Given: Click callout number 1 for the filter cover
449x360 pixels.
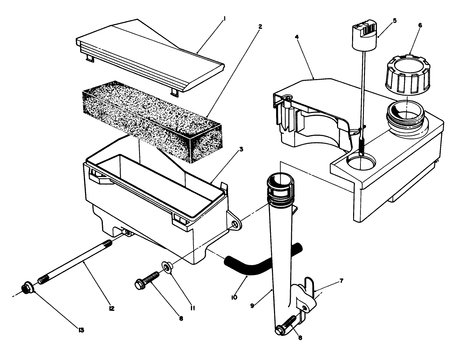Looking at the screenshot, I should click(x=224, y=20).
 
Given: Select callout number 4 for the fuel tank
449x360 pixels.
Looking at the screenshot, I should click(x=297, y=37).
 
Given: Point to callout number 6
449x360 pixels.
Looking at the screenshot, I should click(x=420, y=25).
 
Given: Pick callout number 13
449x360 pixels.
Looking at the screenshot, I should click(x=82, y=330).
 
